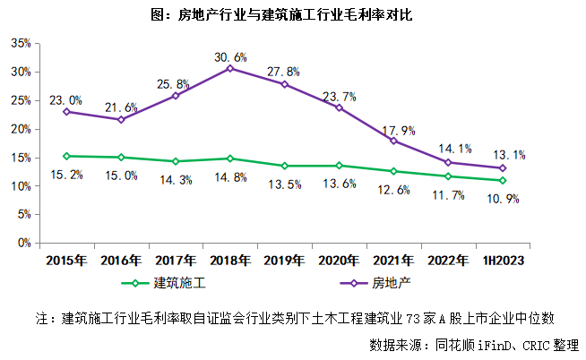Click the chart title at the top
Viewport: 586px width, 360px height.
(x=294, y=15)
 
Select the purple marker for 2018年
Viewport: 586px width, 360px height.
(x=230, y=68)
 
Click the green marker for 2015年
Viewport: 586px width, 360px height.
(x=66, y=156)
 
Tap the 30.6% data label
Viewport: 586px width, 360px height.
(x=230, y=56)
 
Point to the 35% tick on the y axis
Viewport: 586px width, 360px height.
(x=21, y=43)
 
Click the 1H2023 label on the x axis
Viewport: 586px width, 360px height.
(x=503, y=261)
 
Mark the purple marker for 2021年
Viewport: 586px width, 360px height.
(x=394, y=141)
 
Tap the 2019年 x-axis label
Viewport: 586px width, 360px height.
(x=285, y=261)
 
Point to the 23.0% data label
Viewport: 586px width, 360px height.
(x=66, y=100)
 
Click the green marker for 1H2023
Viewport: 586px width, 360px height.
(x=503, y=180)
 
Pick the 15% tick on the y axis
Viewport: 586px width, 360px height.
(x=21, y=158)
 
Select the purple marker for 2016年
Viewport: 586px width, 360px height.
(x=121, y=119)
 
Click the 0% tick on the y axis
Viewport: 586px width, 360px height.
(x=24, y=243)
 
